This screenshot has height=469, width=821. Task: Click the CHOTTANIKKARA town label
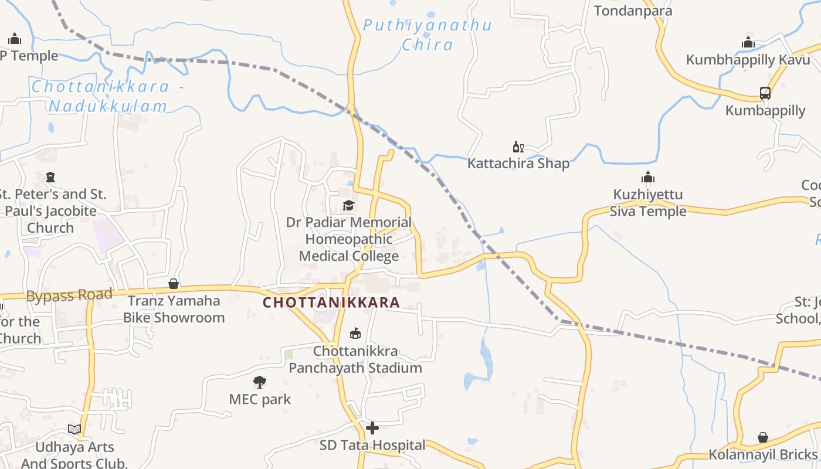(x=331, y=303)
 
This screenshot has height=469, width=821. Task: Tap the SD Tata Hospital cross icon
(x=372, y=428)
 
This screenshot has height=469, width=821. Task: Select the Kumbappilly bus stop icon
(x=765, y=93)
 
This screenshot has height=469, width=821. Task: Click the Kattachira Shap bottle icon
(x=518, y=147)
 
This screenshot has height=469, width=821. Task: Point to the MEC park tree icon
(x=260, y=383)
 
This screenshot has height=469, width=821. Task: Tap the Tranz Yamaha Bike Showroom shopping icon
(x=174, y=284)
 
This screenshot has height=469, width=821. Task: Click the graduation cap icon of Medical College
(x=349, y=205)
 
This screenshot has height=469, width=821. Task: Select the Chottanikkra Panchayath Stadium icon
(x=355, y=334)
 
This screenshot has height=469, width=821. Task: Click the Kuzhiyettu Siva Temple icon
(x=648, y=177)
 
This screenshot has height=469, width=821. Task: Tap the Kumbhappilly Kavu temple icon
(x=748, y=42)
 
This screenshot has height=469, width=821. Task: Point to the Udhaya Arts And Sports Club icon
(x=74, y=430)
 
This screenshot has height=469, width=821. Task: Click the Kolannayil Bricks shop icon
(x=762, y=437)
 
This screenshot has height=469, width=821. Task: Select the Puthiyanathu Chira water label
(x=427, y=35)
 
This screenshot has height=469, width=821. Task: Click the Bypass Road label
(x=69, y=295)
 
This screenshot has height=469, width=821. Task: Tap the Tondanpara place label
(x=633, y=11)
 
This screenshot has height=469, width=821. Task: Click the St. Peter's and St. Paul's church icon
(x=50, y=177)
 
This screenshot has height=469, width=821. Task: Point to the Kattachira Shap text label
(x=518, y=164)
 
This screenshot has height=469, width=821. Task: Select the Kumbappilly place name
(x=765, y=110)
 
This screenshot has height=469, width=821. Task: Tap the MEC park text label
(x=260, y=400)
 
